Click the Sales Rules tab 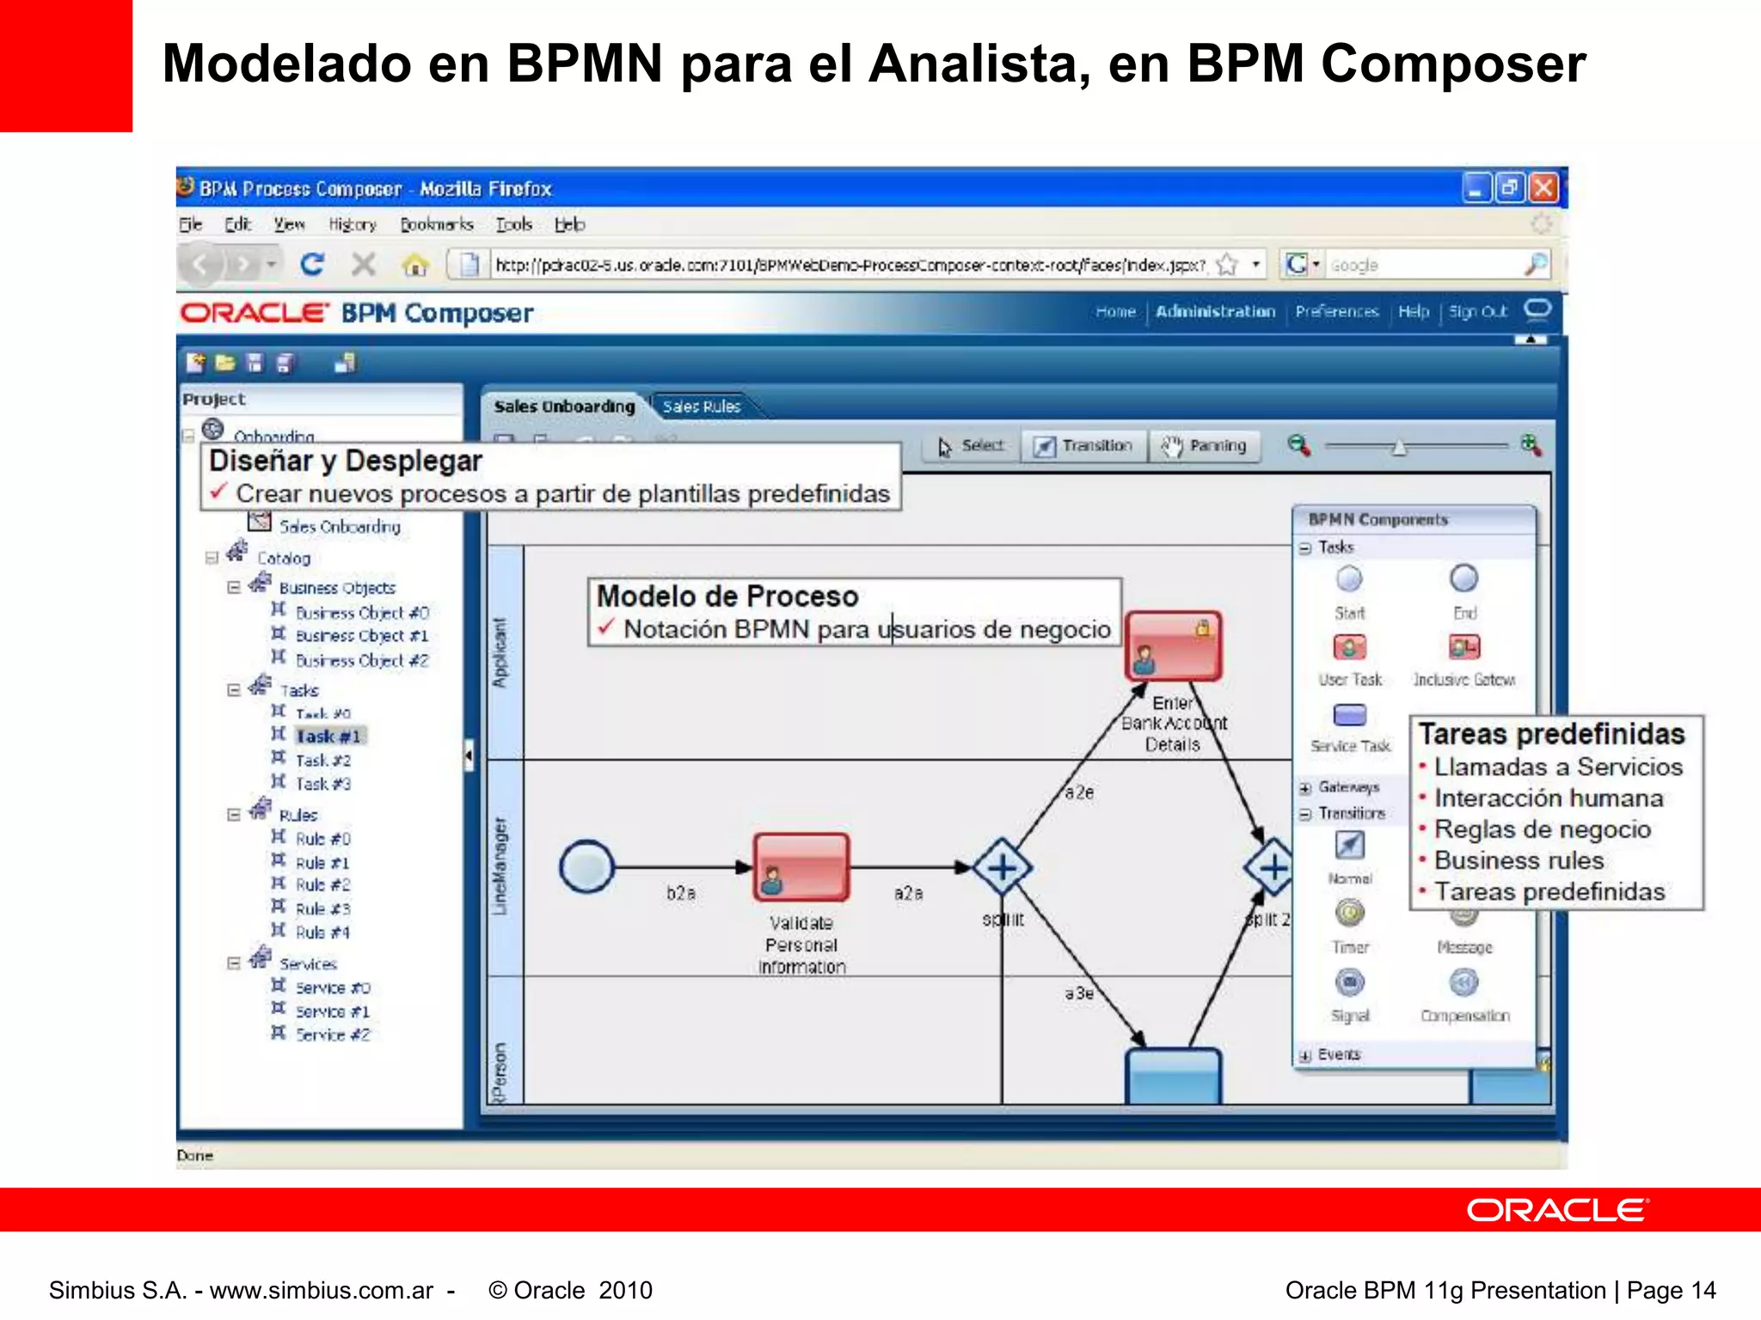point(701,406)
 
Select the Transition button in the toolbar point(1083,446)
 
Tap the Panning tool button point(1204,446)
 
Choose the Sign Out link point(1477,312)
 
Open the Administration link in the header point(1215,312)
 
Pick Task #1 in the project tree point(328,736)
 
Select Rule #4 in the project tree point(322,932)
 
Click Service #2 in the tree point(333,1035)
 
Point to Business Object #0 point(362,613)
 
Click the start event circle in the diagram point(586,867)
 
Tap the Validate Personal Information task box point(801,867)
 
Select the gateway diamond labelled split point(1003,868)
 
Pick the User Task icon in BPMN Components point(1349,647)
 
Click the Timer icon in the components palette point(1350,913)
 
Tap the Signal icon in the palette point(1350,982)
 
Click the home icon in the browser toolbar point(415,265)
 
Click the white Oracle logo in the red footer point(1557,1210)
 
